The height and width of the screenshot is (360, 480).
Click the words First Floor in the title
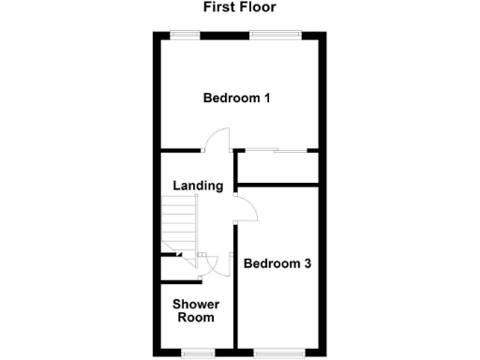(x=240, y=7)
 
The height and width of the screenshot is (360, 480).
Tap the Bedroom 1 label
(x=238, y=97)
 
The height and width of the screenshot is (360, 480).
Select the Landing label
(x=198, y=186)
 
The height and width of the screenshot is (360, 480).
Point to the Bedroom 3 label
(x=277, y=263)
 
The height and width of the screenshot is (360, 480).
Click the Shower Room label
(x=196, y=310)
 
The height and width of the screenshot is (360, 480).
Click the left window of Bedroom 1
(x=184, y=35)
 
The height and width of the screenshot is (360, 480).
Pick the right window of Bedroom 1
(x=276, y=35)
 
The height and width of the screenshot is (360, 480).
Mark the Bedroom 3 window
(x=279, y=352)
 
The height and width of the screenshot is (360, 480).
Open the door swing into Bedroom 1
(x=216, y=141)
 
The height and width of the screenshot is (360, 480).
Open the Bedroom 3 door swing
(x=246, y=210)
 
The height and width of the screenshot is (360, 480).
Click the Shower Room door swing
(x=214, y=266)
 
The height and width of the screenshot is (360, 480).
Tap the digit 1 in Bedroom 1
(x=266, y=97)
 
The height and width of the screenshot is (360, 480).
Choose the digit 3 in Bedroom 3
(x=307, y=263)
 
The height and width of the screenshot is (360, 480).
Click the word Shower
(x=196, y=305)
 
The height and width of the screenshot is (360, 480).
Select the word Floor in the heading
(x=259, y=7)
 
